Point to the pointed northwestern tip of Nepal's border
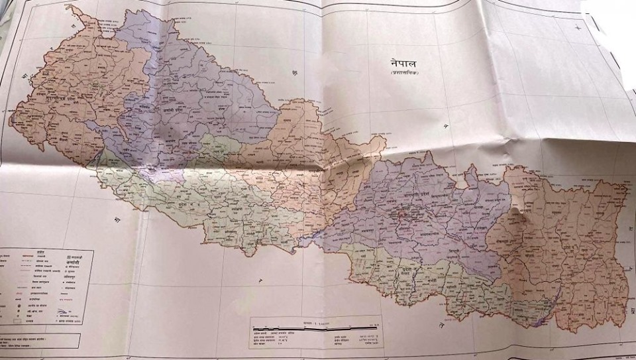click(70, 8)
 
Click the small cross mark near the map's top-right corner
click(578, 26)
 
